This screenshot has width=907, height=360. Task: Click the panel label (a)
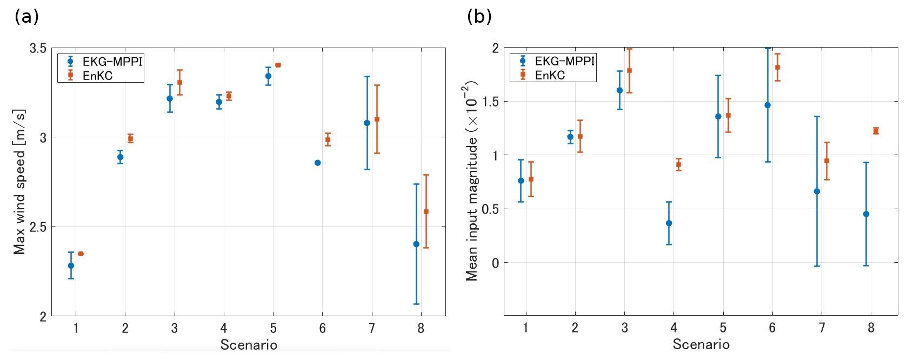[26, 17]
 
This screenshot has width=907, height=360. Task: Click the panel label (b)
[479, 17]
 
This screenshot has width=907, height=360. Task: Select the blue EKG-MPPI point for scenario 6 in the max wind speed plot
[318, 163]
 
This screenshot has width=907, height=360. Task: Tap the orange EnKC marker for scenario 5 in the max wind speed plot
[278, 65]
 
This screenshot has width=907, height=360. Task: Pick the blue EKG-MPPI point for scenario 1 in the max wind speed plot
[71, 265]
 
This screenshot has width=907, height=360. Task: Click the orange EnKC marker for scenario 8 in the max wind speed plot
[426, 212]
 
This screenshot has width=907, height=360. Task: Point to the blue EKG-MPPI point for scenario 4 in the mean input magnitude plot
[669, 223]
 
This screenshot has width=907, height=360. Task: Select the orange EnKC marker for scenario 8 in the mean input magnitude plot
[876, 131]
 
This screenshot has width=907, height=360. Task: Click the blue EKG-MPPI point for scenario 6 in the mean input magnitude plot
[768, 105]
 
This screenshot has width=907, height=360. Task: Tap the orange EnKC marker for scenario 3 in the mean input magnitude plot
[629, 70]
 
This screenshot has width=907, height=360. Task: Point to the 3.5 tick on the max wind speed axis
[38, 49]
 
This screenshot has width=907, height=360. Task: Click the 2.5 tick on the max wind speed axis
[38, 227]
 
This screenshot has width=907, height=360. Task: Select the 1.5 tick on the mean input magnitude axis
[490, 102]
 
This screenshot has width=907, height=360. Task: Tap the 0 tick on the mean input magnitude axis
[495, 263]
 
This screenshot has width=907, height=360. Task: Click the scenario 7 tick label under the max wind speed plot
[372, 328]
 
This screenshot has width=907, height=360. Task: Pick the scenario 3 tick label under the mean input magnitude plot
[624, 327]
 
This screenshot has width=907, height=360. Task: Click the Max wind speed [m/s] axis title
[19, 182]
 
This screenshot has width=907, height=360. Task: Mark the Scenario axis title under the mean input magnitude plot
[701, 344]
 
